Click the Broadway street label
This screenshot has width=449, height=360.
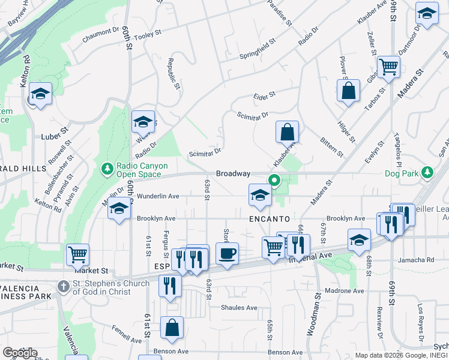pyautogui.click(x=233, y=173)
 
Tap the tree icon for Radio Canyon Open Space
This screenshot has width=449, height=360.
pyautogui.click(x=107, y=169)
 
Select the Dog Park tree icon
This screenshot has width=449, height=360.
pyautogui.click(x=427, y=173)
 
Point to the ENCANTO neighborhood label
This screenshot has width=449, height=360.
pyautogui.click(x=270, y=219)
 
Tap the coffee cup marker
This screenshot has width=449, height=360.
pyautogui.click(x=227, y=254)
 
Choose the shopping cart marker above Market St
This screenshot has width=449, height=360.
pyautogui.click(x=77, y=254)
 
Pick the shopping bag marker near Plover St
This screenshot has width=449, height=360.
pyautogui.click(x=348, y=91)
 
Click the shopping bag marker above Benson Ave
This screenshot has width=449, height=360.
pyautogui.click(x=172, y=328)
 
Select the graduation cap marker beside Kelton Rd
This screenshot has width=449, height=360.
pyautogui.click(x=40, y=94)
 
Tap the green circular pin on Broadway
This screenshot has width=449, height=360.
pyautogui.click(x=274, y=179)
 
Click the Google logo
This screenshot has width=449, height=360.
pyautogui.click(x=19, y=353)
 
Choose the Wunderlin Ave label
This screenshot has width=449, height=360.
pyautogui.click(x=158, y=196)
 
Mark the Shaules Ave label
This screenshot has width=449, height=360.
pyautogui.click(x=239, y=308)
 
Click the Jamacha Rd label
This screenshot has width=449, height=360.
pyautogui.click(x=421, y=260)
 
